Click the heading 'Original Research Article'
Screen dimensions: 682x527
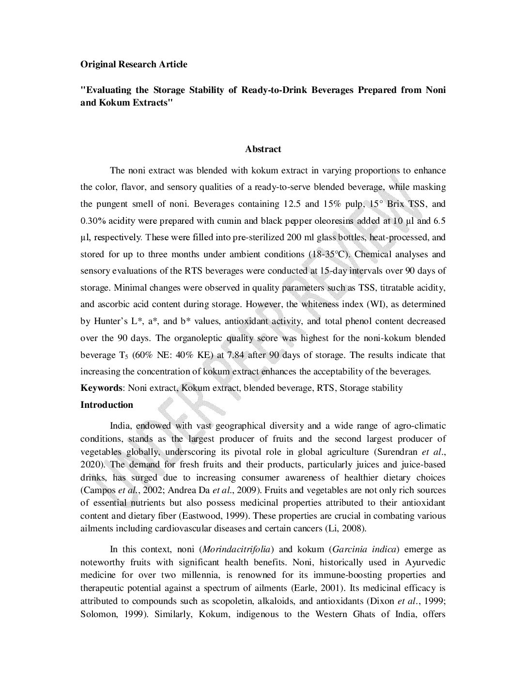pos(133,64)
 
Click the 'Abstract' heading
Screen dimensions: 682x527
pos(263,149)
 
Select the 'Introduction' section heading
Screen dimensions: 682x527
pos(107,405)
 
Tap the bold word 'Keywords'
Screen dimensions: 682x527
pos(101,388)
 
